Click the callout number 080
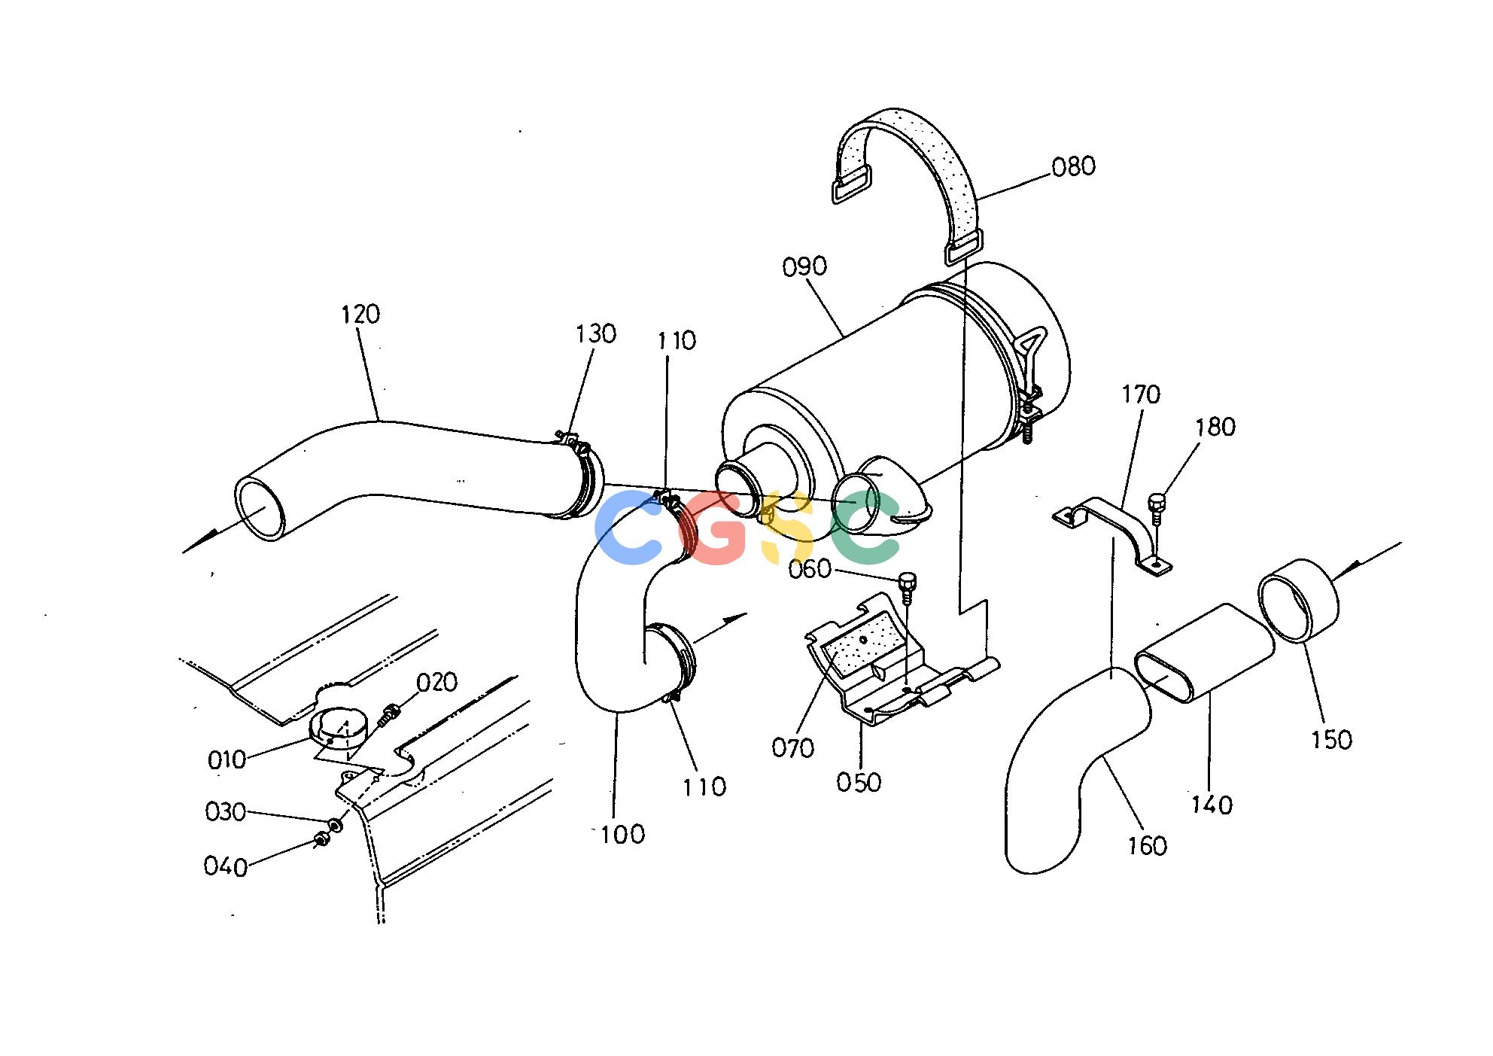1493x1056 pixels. [x=1073, y=166]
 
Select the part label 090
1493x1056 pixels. [x=804, y=266]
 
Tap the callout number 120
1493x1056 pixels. [x=360, y=314]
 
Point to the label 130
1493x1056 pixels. [x=596, y=333]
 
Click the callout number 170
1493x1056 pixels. [x=1141, y=394]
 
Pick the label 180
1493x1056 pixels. [x=1215, y=427]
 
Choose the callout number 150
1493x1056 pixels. [x=1331, y=739]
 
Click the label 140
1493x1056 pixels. [x=1212, y=805]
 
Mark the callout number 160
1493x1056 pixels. [x=1148, y=845]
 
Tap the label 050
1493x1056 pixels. [x=859, y=782]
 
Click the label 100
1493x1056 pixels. [x=623, y=834]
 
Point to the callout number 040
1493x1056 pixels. [x=226, y=866]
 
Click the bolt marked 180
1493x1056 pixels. [x=1157, y=508]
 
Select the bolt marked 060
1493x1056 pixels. [x=908, y=586]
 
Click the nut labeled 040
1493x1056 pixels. [x=321, y=839]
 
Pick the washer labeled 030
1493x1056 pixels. [x=336, y=826]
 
